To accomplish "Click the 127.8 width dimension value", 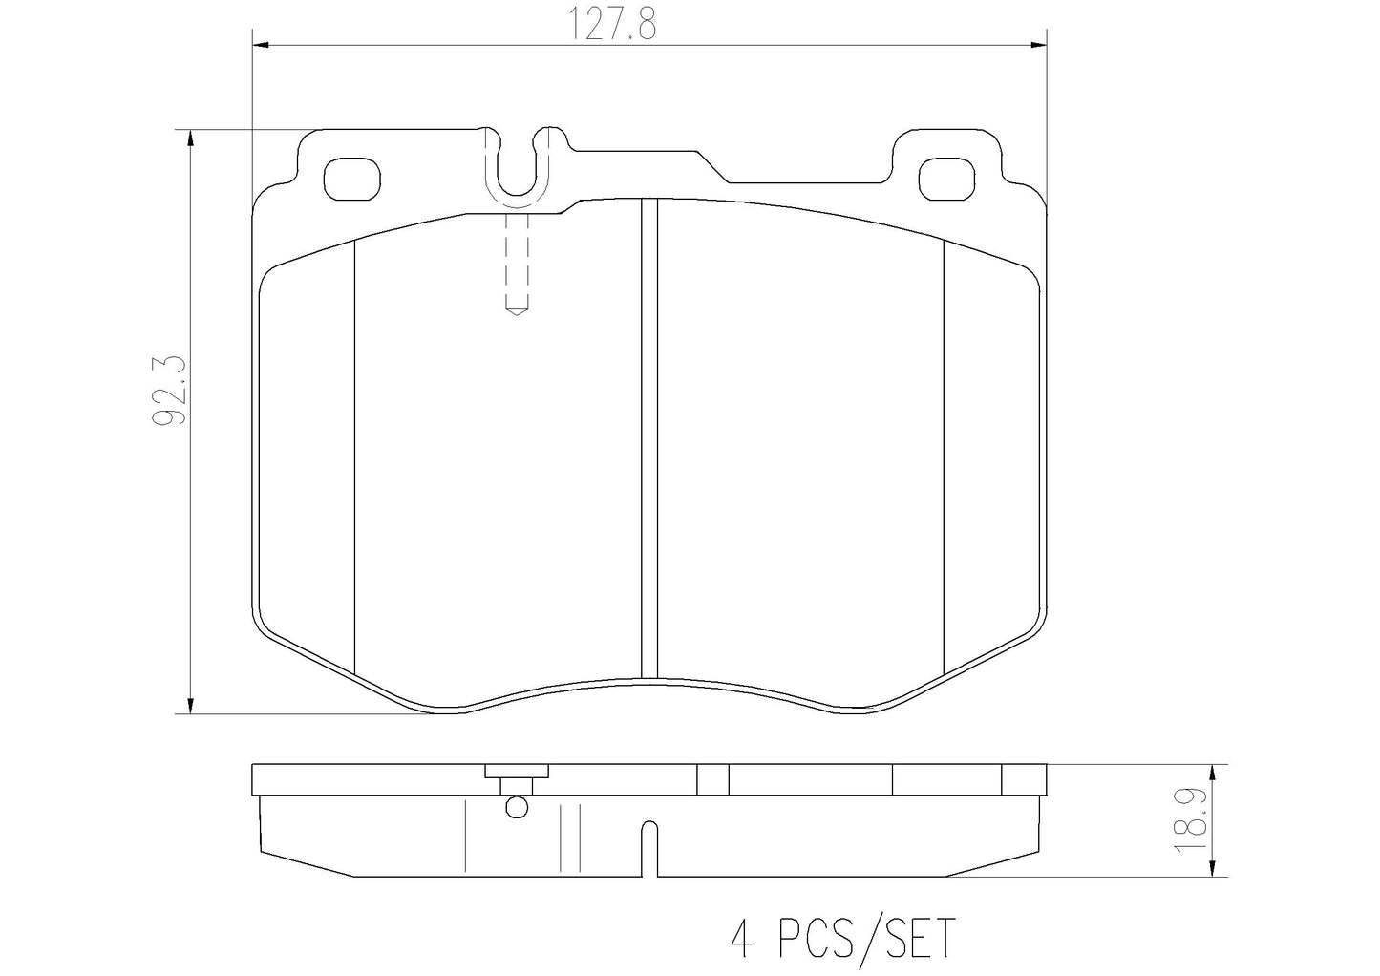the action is tap(612, 24).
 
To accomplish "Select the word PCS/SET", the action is tap(867, 938).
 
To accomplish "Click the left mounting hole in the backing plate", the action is tap(351, 179).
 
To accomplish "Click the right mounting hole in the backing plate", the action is tap(947, 179).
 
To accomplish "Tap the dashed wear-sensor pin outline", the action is tap(517, 265).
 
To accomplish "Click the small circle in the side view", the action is tap(517, 807).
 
